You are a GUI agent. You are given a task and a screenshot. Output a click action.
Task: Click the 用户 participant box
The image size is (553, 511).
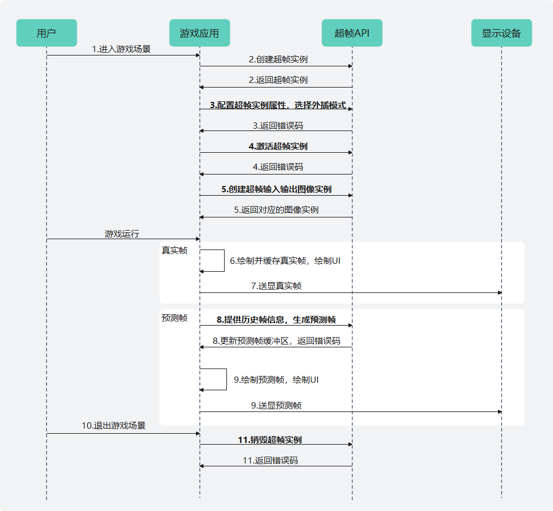[46, 33]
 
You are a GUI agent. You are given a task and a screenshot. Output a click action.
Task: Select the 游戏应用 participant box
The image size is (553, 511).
[199, 33]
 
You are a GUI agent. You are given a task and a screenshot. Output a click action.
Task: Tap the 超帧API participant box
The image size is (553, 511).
[352, 33]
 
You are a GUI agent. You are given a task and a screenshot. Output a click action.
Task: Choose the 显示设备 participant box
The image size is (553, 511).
[501, 33]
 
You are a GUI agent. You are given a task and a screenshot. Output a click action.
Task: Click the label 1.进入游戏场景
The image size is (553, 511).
[121, 49]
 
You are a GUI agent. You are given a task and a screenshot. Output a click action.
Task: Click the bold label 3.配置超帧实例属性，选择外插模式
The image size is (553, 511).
[277, 105]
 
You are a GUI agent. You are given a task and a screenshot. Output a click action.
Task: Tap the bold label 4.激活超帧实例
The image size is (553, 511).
[278, 146]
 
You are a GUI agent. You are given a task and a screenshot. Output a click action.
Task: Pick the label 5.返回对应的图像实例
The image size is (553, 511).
[276, 210]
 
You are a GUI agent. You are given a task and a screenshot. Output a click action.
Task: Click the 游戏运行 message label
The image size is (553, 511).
[121, 233]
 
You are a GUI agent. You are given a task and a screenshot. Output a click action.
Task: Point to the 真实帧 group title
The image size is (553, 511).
[174, 250]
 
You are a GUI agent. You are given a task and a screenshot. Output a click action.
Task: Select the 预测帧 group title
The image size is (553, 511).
[174, 318]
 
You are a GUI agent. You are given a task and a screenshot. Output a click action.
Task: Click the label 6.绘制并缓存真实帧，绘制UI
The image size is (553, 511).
[285, 260]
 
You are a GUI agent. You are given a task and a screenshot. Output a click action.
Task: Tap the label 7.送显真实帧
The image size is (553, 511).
[276, 286]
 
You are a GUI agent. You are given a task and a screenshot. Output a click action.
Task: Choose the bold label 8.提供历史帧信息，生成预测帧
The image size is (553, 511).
[276, 320]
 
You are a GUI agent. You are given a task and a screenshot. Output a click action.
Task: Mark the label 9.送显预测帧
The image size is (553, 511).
[276, 406]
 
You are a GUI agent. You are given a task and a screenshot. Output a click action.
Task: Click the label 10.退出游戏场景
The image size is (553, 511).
[113, 426]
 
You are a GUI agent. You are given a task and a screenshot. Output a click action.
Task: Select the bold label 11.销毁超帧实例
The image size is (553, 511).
[270, 440]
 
